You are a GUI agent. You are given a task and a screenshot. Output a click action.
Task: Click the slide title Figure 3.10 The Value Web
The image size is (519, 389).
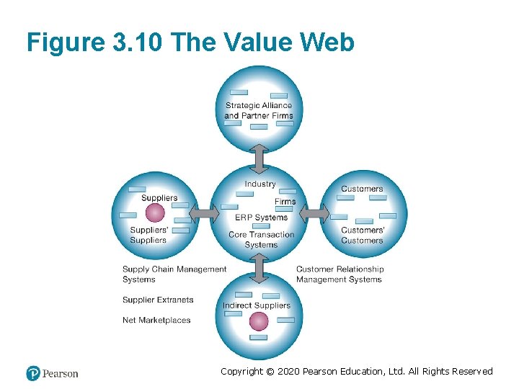click(x=190, y=43)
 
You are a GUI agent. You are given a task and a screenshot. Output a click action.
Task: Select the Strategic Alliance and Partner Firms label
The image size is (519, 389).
click(x=258, y=110)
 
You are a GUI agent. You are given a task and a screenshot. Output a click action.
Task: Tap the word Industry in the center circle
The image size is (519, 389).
click(x=259, y=184)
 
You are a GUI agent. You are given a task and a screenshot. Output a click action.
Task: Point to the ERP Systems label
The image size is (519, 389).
click(x=261, y=218)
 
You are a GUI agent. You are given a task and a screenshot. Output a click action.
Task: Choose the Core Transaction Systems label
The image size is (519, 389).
click(x=261, y=239)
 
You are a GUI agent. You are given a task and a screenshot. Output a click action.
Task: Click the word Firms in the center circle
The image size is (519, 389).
click(x=285, y=202)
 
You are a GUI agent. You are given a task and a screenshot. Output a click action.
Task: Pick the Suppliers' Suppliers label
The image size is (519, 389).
click(x=148, y=235)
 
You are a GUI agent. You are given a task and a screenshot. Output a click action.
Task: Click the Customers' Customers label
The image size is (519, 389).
click(x=363, y=235)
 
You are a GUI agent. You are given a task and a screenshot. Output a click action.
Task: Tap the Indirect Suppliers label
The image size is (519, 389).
click(x=256, y=305)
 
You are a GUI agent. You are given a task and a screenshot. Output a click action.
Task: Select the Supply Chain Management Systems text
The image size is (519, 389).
click(x=174, y=274)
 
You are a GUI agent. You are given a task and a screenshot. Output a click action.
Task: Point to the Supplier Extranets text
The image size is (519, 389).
click(x=158, y=300)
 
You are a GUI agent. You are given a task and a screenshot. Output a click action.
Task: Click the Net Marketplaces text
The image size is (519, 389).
click(x=156, y=320)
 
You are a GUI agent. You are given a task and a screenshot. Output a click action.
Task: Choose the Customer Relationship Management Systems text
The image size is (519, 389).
click(x=340, y=274)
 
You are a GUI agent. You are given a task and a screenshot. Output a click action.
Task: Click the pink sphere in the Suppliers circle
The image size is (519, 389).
click(x=155, y=213)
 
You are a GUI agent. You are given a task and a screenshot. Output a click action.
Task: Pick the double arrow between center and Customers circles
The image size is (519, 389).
click(x=314, y=213)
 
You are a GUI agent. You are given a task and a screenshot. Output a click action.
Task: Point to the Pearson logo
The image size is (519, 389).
click(x=52, y=373)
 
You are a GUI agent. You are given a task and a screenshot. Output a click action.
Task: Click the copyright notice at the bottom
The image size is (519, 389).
click(x=356, y=372)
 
